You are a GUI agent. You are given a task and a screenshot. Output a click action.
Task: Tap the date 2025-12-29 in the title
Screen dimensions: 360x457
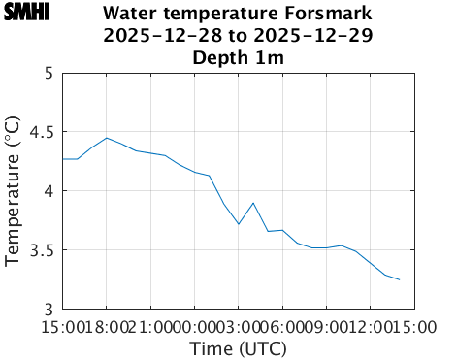[318, 36]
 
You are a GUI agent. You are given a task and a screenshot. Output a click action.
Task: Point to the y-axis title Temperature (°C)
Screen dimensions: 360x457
[13, 190]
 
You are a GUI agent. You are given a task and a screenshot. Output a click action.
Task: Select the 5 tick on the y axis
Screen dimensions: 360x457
[48, 73]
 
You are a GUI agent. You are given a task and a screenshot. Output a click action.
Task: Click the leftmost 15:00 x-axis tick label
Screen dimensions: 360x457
[63, 326]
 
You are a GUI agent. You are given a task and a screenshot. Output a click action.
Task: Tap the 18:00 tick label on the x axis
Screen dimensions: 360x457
[107, 326]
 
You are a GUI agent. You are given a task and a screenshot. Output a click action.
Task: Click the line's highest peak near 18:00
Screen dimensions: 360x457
[107, 138]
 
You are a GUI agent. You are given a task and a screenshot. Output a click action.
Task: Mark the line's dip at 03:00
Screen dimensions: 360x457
[239, 224]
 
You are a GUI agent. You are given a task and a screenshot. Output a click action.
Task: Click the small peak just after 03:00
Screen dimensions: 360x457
[253, 203]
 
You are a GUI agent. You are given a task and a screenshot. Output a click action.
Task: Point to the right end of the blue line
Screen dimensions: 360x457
[399, 279]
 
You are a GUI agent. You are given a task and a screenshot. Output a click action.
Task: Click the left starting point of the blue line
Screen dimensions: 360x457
[63, 159]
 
